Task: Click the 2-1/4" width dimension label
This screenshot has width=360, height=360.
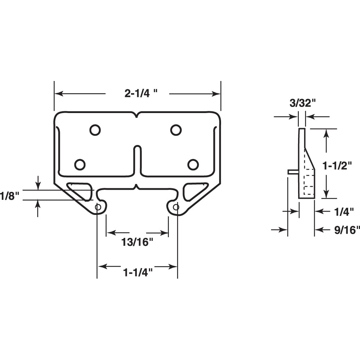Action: point(141,94)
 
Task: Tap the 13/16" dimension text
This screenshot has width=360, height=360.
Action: point(137,242)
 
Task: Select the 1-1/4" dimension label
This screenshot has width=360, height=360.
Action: point(138,273)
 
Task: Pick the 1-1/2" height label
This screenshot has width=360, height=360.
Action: point(337,166)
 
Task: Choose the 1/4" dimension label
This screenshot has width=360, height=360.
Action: point(344,212)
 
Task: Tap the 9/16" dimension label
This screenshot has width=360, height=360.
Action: point(347,230)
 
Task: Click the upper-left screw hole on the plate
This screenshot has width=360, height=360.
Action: point(95,130)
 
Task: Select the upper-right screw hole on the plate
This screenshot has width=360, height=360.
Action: point(176,130)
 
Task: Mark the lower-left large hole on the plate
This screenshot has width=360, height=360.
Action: point(80,165)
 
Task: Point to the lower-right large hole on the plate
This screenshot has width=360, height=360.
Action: point(193,165)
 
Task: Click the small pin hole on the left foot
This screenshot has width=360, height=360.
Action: point(98,207)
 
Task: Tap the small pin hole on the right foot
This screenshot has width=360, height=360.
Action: point(176,207)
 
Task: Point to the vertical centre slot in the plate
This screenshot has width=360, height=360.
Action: point(137,161)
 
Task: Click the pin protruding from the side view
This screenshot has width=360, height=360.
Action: point(293,172)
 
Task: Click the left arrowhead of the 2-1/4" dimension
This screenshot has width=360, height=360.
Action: point(59,94)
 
